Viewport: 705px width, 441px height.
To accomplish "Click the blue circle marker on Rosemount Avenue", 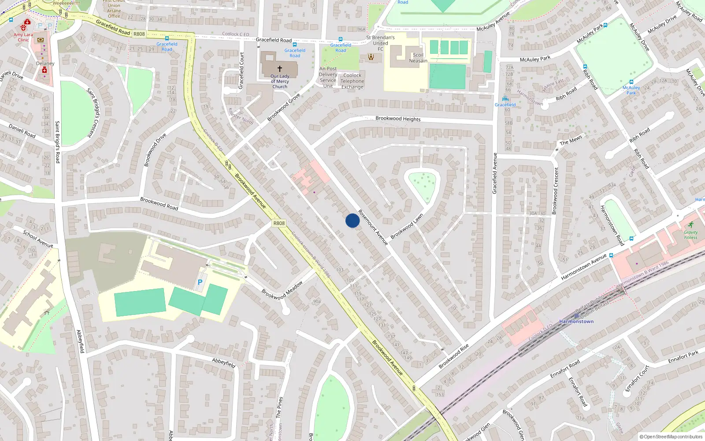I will click(x=352, y=220).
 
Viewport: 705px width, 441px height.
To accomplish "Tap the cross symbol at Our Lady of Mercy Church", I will click(x=279, y=69).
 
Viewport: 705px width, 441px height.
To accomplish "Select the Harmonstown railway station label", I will click(x=576, y=321).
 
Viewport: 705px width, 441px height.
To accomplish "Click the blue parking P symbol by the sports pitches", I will click(x=200, y=282).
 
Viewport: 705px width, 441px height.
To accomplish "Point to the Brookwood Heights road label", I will click(x=398, y=119).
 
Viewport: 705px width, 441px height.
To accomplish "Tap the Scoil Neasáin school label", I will click(x=418, y=58).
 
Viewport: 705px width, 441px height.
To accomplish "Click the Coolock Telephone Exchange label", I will click(x=352, y=81).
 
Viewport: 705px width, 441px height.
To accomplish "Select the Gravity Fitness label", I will click(x=690, y=235).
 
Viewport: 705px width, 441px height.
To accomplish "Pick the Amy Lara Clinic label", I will click(x=23, y=37).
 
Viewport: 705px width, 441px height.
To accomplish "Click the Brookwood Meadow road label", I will click(x=282, y=290).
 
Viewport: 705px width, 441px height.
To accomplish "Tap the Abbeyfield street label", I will click(x=223, y=363).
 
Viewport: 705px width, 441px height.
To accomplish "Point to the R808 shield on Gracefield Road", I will click(x=139, y=34).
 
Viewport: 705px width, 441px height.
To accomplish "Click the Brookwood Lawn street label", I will click(x=407, y=226).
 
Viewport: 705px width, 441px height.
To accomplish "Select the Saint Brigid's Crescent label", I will click(x=94, y=112).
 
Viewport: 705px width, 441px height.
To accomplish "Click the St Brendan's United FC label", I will click(x=380, y=43).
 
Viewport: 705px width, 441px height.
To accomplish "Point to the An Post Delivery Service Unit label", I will click(x=328, y=77).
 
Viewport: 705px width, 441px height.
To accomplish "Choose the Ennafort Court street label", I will click(x=637, y=378).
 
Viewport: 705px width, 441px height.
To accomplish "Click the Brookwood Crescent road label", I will click(x=556, y=191).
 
